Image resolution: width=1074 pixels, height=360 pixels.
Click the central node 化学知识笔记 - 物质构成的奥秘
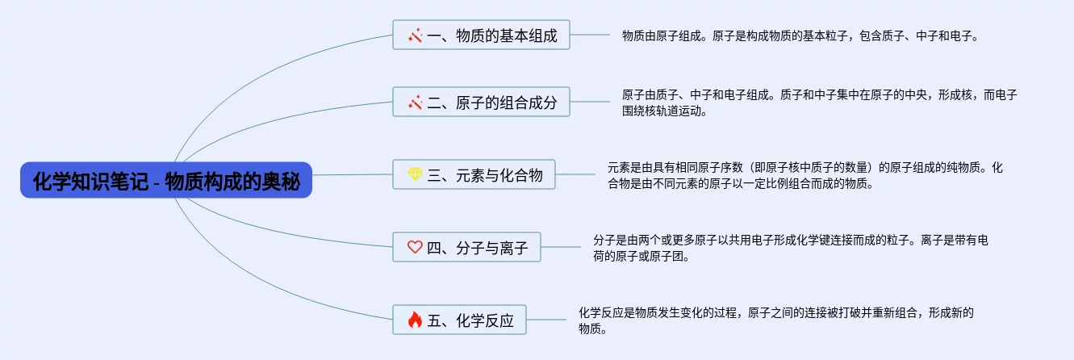tap(166, 182)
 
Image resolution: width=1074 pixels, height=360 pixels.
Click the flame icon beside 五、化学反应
tap(415, 320)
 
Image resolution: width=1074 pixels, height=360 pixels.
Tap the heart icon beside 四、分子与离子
tap(415, 247)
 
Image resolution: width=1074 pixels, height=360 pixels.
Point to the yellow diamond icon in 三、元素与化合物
tap(415, 174)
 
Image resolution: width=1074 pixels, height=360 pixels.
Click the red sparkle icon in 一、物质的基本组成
tap(415, 36)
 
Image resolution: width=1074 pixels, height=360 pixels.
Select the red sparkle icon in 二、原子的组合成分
tap(415, 103)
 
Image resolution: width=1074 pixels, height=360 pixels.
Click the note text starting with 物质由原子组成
tap(799, 36)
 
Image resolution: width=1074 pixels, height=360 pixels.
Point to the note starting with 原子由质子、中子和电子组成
tap(818, 103)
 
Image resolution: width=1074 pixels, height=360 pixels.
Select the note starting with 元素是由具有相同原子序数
tap(804, 175)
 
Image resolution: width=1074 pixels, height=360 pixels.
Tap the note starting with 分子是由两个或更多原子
tap(790, 248)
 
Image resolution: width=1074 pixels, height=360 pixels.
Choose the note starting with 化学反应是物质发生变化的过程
tap(775, 320)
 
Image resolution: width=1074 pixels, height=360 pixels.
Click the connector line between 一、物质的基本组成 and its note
tap(590, 35)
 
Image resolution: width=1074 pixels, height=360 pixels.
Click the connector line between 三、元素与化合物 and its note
tap(575, 174)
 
